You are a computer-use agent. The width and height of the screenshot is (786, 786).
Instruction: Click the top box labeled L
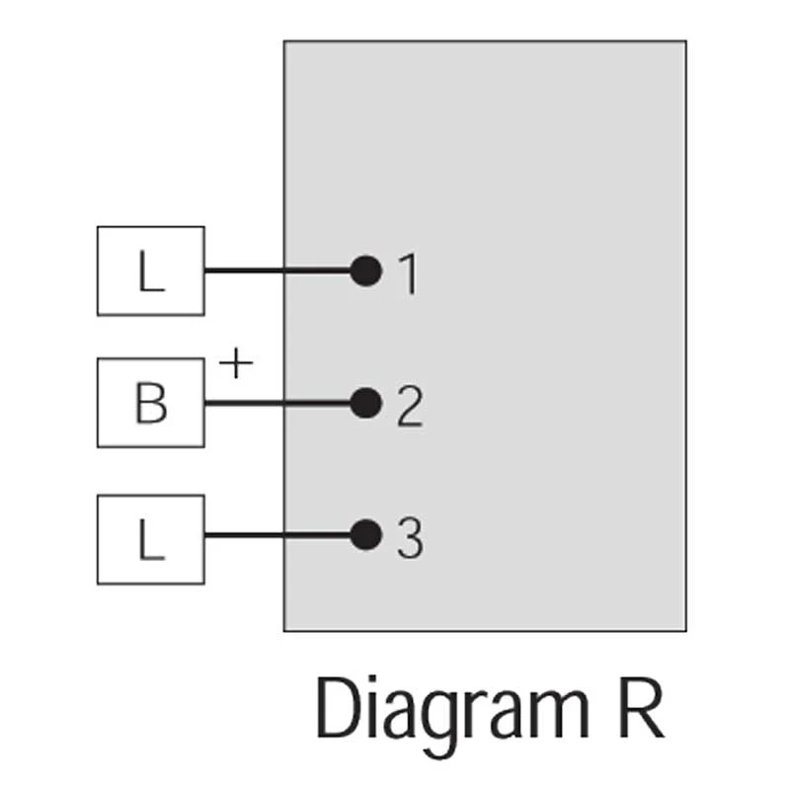tap(150, 271)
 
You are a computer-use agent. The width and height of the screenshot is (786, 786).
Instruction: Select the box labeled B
tap(150, 403)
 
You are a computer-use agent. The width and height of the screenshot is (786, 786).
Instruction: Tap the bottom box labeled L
tap(150, 538)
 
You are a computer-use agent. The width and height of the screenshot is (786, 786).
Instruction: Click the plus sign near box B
tap(235, 364)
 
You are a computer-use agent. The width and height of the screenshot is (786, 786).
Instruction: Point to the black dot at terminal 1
tap(366, 271)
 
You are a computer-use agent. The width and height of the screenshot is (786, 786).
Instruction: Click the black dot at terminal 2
tap(366, 403)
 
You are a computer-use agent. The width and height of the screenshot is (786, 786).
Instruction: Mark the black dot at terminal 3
tap(366, 535)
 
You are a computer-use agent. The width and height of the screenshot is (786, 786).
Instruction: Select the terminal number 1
tap(407, 275)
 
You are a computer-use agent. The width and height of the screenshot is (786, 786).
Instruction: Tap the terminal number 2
tap(409, 407)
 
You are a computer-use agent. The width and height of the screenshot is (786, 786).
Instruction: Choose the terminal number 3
tap(409, 539)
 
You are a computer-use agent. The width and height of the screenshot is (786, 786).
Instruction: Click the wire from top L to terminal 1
tap(276, 271)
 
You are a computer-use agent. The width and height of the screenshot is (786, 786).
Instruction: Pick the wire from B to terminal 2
tap(276, 403)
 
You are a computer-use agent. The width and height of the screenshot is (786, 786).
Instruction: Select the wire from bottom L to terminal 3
tap(276, 536)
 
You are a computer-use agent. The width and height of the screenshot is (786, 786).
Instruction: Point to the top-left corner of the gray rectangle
tap(284, 41)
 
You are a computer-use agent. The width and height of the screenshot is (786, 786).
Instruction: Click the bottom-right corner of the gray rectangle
tap(685, 630)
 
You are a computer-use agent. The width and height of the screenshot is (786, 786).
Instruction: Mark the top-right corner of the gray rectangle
tap(685, 41)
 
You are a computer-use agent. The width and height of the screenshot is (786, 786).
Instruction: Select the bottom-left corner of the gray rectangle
tap(284, 630)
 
